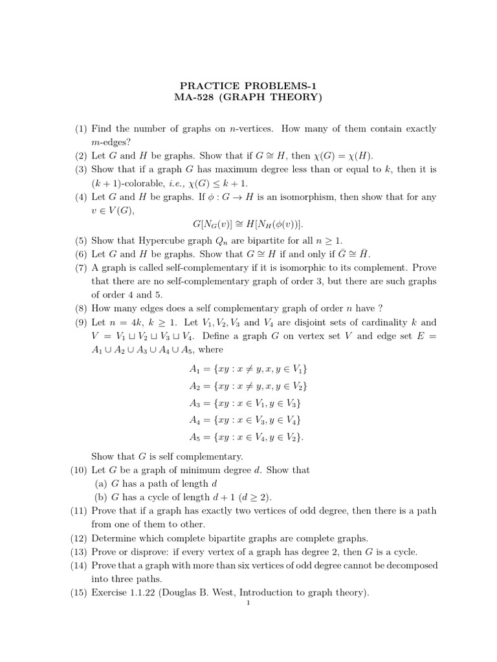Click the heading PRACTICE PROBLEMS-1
[x=248, y=85]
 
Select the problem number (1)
[x=80, y=129]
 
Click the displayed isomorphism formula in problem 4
[x=248, y=223]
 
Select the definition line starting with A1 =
[x=248, y=368]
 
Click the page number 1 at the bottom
[x=248, y=603]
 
